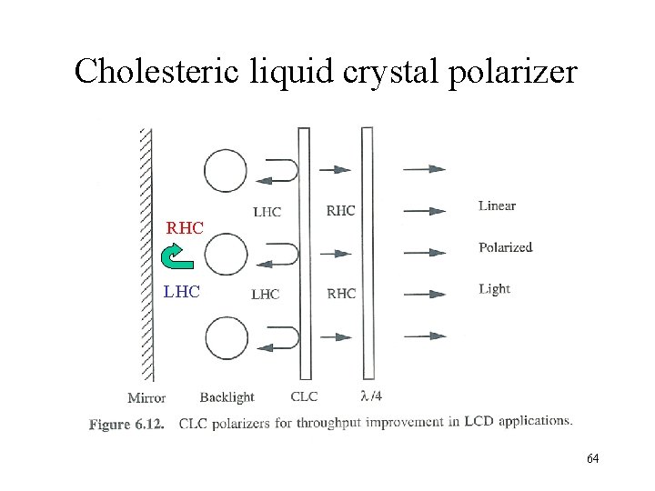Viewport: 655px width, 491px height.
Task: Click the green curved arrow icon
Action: (x=178, y=257)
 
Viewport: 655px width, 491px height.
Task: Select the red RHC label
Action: (x=185, y=228)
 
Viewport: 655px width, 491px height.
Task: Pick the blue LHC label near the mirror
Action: (x=181, y=293)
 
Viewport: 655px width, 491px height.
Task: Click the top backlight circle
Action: (x=226, y=171)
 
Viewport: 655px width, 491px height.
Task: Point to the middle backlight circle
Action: (x=226, y=255)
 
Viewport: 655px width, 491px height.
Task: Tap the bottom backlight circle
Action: (x=226, y=338)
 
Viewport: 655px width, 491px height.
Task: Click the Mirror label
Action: (x=146, y=397)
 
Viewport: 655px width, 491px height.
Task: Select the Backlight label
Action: (x=227, y=397)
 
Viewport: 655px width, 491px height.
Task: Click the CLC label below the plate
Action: (x=304, y=397)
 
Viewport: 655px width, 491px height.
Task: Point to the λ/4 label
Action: (x=371, y=396)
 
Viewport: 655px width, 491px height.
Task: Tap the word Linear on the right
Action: (x=497, y=205)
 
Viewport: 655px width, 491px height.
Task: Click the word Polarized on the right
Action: (x=505, y=247)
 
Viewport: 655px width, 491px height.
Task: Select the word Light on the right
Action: (x=494, y=289)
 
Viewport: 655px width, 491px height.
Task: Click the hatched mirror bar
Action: (x=146, y=255)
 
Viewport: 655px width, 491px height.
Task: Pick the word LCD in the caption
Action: (x=478, y=421)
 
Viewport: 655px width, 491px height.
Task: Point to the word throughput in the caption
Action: (x=331, y=423)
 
